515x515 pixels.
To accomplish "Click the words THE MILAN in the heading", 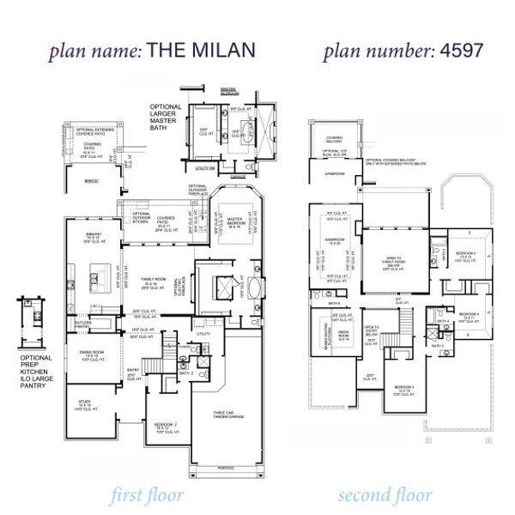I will pos(201,50).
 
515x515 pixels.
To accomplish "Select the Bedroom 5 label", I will pos(464,256).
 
